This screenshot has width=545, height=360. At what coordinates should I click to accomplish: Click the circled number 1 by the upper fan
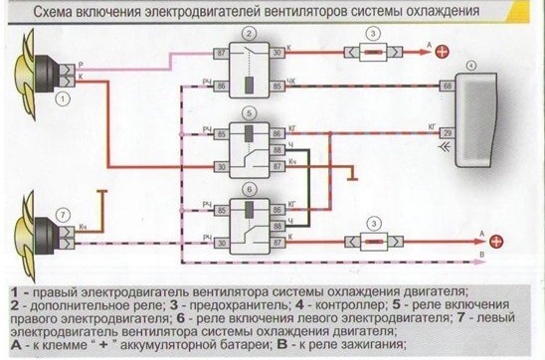pos(62,99)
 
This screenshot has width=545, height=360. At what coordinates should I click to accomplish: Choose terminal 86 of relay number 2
pos(221,86)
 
